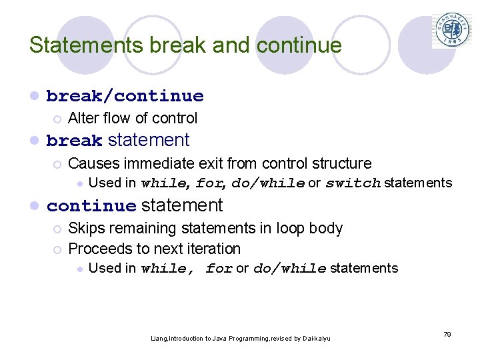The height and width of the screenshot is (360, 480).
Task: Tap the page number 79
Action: pos(447,334)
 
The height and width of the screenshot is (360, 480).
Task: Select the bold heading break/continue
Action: pos(125,96)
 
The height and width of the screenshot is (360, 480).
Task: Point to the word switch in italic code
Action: pos(353,183)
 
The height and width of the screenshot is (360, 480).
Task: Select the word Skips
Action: pos(86,228)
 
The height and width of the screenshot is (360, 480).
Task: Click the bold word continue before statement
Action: pos(91,206)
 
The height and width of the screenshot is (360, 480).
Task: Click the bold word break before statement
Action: pos(75,141)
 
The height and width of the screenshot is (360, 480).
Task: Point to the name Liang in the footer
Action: pos(159,339)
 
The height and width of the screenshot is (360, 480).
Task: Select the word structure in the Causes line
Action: pos(339,163)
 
